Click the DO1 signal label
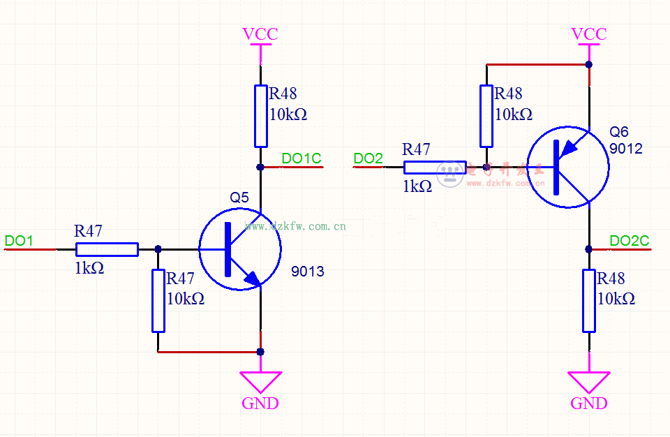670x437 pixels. coord(19,241)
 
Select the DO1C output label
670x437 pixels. coord(301,158)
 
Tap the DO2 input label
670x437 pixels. coord(368,158)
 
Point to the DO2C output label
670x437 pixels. coord(629,241)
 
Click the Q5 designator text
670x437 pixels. coord(239,198)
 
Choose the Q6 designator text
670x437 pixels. coord(618,132)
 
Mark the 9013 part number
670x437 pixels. coord(308,272)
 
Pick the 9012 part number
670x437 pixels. coord(626,149)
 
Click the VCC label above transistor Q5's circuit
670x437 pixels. coord(260,34)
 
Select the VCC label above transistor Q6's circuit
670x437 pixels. coord(589,34)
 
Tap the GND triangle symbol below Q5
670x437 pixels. coord(261,381)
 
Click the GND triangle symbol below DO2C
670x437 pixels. coord(589,381)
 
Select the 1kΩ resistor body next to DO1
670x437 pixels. coord(107,249)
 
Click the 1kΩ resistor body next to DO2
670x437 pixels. coord(435,167)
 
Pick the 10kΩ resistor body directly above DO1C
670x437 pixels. coord(260,116)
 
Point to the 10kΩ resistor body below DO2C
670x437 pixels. coord(589,300)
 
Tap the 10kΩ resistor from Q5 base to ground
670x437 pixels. coord(158,300)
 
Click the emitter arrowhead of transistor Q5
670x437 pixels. coord(251,280)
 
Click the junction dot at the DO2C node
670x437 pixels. coord(589,249)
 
